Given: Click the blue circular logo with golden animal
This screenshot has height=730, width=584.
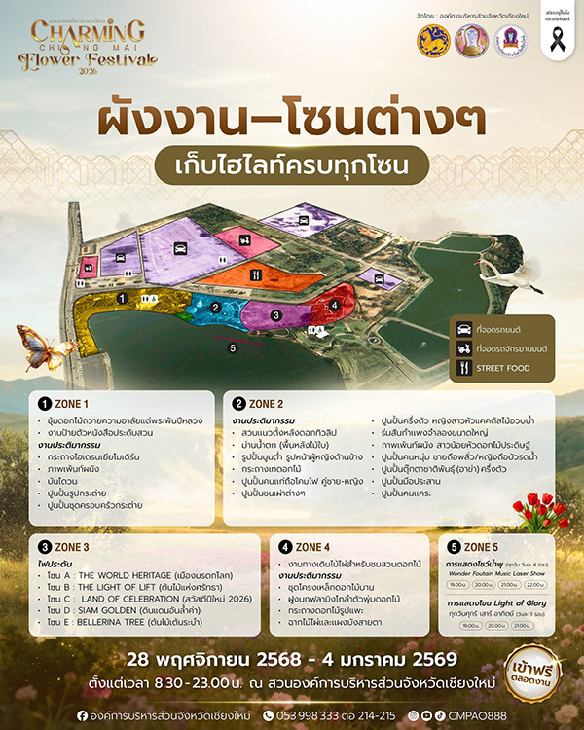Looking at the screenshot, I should [434, 41].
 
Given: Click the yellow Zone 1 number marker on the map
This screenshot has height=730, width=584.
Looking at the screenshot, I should [122, 297].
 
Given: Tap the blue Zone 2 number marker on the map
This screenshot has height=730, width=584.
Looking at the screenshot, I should [215, 308].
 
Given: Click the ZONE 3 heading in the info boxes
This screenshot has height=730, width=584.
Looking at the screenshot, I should [72, 546].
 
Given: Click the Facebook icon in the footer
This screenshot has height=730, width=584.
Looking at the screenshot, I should [84, 714].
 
